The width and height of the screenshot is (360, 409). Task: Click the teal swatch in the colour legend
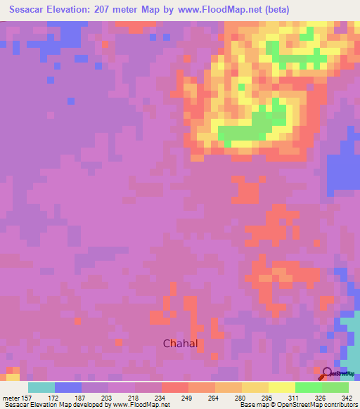(41, 387)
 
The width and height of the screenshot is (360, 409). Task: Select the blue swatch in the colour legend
(68, 387)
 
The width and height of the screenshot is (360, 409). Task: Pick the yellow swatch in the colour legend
(281, 387)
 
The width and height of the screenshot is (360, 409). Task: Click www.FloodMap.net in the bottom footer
(141, 405)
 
